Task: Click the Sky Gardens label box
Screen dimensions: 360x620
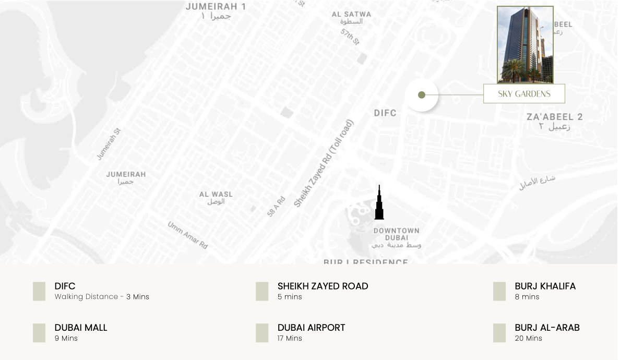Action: coord(524,94)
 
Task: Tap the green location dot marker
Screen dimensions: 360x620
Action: coord(422,95)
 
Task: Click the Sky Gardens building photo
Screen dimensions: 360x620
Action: coord(525,45)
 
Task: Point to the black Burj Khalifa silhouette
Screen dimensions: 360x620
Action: coord(379,205)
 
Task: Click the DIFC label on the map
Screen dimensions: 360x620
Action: coord(385,113)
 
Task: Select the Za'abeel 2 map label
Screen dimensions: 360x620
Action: coord(555,121)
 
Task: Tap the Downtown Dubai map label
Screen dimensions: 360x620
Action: coord(397,237)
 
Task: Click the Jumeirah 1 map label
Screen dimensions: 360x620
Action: coord(216,11)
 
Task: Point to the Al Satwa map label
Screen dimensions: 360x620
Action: coord(352,18)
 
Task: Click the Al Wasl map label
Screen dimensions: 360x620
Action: coord(216,197)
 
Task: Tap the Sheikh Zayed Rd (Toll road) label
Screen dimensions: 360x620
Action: coord(324,164)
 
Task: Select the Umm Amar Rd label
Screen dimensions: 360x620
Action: coord(188,235)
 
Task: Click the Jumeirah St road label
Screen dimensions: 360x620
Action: coord(109,144)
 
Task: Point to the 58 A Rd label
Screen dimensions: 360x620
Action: coord(276,206)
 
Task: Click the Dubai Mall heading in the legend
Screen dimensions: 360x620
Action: coord(81,328)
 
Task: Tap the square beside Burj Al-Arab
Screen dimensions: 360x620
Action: coord(499,333)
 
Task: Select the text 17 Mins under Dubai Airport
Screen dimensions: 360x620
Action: coord(290,338)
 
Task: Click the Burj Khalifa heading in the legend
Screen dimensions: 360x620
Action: coord(545,286)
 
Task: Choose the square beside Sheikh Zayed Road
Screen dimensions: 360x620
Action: coord(262,291)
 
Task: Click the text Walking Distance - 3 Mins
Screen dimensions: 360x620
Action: coord(102,296)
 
